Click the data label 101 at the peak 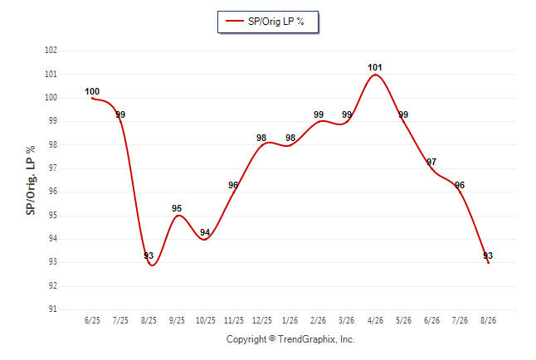pos(375,67)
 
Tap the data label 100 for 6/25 pos(92,91)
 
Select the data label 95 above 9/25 pos(177,208)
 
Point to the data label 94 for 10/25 pos(205,232)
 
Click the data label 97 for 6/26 pos(431,162)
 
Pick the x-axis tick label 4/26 pos(375,320)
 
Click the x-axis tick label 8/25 pos(149,320)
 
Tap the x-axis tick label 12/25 pos(262,320)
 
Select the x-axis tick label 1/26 pos(290,320)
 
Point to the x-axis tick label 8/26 pos(488,320)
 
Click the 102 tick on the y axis pos(51,51)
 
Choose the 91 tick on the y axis pos(52,309)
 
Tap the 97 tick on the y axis pos(52,168)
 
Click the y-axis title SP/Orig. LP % pos(31,181)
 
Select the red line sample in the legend pos(235,21)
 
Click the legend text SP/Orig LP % pos(275,22)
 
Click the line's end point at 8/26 pos(488,263)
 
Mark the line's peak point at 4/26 pos(375,74)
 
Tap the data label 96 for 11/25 pos(233,185)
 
